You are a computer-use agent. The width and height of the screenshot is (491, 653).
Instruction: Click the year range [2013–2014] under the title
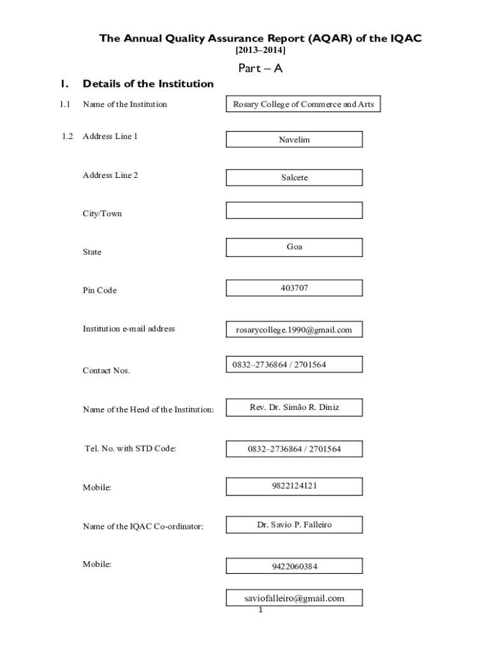(260, 50)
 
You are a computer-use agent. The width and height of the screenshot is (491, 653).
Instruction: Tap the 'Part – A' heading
(260, 68)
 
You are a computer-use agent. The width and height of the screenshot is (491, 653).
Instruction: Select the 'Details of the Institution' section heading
(148, 84)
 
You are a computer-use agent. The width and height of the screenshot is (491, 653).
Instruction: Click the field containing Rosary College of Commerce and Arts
(304, 105)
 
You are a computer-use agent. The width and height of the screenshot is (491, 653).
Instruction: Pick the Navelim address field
(294, 140)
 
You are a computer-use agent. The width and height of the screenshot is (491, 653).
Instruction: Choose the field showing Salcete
(294, 178)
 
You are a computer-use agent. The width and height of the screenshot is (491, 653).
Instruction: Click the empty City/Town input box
(294, 210)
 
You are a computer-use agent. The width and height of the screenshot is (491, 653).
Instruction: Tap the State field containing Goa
(294, 247)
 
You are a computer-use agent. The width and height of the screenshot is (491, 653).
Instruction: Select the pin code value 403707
(294, 288)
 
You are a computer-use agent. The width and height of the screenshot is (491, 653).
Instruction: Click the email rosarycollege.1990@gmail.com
(294, 330)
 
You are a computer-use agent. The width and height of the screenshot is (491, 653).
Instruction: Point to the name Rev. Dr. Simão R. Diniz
(294, 407)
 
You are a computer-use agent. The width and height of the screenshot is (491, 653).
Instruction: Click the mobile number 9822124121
(294, 486)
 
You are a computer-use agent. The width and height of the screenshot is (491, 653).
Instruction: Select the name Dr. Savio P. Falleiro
(294, 525)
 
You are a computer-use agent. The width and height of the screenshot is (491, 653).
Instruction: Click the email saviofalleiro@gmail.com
(294, 598)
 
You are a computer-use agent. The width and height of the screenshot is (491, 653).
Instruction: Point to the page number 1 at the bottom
(261, 610)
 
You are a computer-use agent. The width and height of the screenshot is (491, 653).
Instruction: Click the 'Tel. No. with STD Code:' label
(130, 449)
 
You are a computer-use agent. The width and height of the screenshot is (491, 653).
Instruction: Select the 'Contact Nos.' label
(106, 371)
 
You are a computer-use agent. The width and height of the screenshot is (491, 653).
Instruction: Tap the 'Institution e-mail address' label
(128, 329)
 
